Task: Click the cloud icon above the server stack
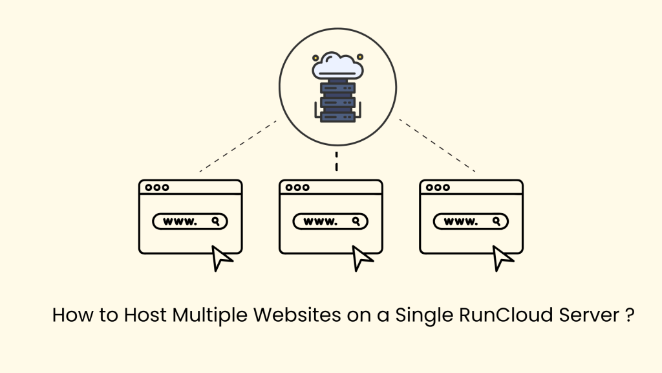[337, 65]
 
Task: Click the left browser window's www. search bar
[190, 221]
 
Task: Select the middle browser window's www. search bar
[330, 221]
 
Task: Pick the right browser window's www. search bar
[471, 221]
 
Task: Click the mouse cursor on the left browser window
[222, 258]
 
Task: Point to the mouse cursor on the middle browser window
[362, 258]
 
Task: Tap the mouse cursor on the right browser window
[502, 258]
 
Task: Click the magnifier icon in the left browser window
[216, 221]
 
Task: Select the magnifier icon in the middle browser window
[356, 221]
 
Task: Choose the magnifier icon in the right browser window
[496, 221]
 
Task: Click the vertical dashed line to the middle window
[336, 162]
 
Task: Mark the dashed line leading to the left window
[238, 146]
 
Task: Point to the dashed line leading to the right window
[437, 146]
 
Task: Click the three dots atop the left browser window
[157, 188]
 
